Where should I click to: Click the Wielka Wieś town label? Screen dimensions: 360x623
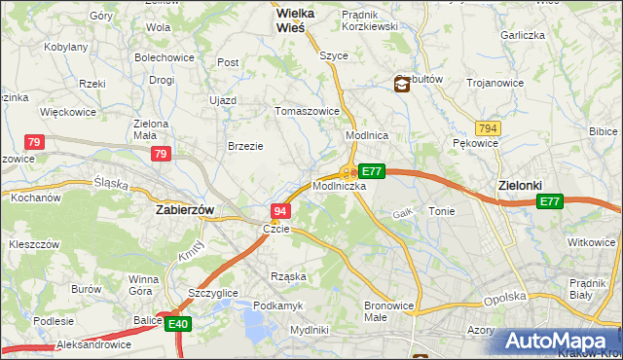pyautogui.click(x=277, y=20)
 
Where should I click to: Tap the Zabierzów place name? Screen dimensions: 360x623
pyautogui.click(x=185, y=209)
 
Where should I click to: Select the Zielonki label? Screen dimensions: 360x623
pyautogui.click(x=519, y=185)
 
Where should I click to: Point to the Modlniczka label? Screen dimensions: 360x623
pyautogui.click(x=340, y=185)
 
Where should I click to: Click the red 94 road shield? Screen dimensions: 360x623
pyautogui.click(x=280, y=211)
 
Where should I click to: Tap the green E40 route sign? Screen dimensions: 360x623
pyautogui.click(x=177, y=325)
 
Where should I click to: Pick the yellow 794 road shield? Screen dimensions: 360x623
pyautogui.click(x=489, y=127)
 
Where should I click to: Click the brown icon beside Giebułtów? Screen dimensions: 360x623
pyautogui.click(x=402, y=85)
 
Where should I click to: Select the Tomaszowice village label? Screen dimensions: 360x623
pyautogui.click(x=308, y=111)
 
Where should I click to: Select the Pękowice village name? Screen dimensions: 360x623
pyautogui.click(x=476, y=143)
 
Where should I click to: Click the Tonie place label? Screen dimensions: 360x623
pyautogui.click(x=441, y=211)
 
